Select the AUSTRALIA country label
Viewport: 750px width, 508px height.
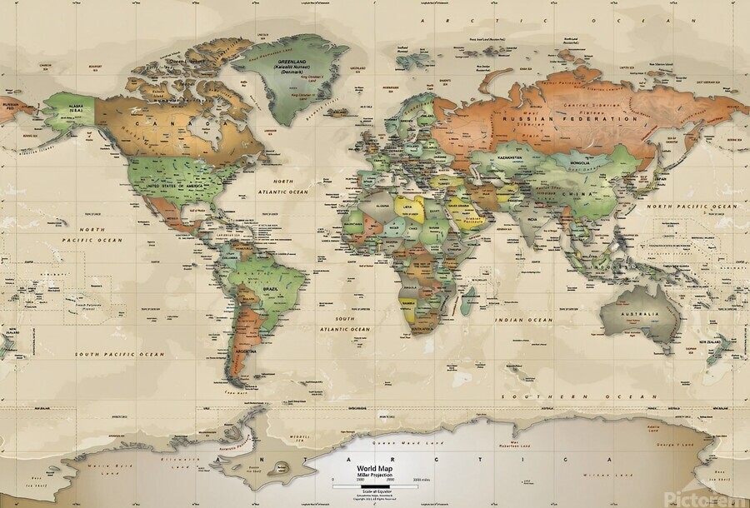pyautogui.click(x=640, y=314)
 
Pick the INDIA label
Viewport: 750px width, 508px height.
pyautogui.click(x=531, y=220)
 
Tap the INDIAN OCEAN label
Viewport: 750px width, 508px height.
pyautogui.click(x=522, y=320)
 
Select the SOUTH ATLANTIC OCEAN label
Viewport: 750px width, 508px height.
pyautogui.click(x=352, y=324)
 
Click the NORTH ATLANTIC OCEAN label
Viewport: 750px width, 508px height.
pyautogui.click(x=283, y=187)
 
